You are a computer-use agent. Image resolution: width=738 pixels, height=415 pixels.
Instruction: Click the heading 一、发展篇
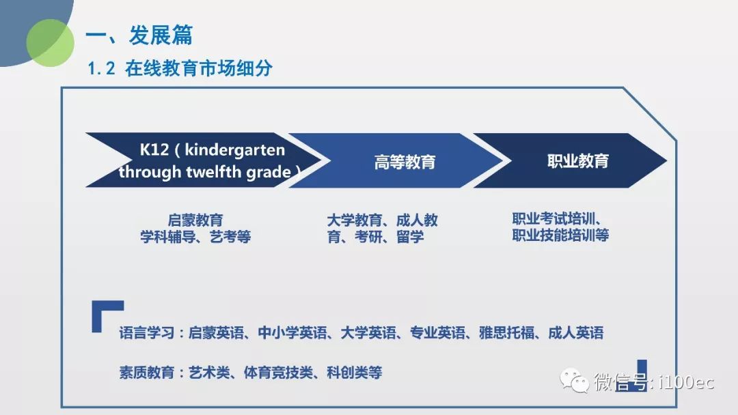point(139,35)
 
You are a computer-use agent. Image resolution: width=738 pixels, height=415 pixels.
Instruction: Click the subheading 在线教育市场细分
point(199,69)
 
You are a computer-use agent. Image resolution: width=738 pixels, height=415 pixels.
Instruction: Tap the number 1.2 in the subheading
point(101,69)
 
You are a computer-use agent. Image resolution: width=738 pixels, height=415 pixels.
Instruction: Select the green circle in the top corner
point(50,43)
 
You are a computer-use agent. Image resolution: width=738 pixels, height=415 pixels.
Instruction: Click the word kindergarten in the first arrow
point(234,150)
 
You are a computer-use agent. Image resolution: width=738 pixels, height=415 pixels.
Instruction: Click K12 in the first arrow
point(154,149)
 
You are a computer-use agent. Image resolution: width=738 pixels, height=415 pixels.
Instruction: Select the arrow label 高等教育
point(405,162)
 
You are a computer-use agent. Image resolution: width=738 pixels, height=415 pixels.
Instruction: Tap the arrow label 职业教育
point(578,160)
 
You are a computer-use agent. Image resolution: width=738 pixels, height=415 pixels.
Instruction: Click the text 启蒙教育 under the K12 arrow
point(195,220)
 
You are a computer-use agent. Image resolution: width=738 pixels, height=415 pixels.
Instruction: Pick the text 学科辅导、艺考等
point(195,236)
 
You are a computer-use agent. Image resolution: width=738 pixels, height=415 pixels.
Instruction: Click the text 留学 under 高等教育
point(410,236)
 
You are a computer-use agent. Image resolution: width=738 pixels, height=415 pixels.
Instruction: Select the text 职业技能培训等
point(560,235)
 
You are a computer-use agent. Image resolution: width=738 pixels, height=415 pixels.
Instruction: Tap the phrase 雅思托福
point(506,333)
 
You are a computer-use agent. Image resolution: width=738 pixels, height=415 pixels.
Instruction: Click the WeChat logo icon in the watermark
point(574,380)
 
